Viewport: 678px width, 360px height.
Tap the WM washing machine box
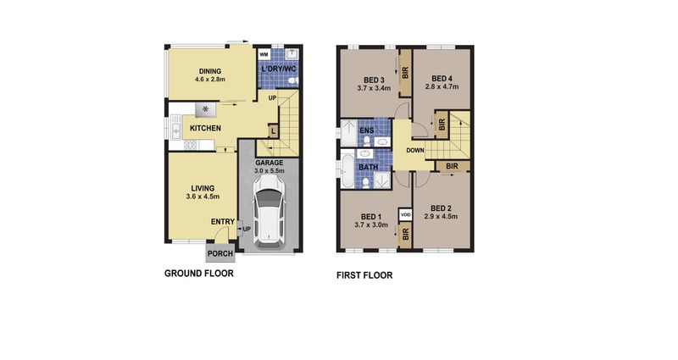(x=264, y=55)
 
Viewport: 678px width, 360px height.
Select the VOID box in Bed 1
(x=406, y=214)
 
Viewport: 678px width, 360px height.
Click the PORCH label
(x=220, y=253)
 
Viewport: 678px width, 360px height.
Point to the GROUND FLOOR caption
(x=199, y=273)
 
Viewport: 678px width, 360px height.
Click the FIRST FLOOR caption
(x=364, y=275)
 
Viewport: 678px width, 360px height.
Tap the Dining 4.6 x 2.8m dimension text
(x=210, y=80)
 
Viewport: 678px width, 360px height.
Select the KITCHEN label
(x=205, y=129)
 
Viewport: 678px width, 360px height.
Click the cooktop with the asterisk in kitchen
(x=206, y=110)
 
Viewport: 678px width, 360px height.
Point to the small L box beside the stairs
(x=273, y=131)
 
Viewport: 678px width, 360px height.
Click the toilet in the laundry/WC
(x=292, y=80)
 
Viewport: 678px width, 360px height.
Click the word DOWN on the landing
(x=415, y=151)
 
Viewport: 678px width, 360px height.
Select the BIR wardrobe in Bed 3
(x=405, y=73)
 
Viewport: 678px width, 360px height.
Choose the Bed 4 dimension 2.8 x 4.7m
(x=442, y=86)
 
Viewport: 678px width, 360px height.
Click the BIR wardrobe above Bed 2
(x=452, y=166)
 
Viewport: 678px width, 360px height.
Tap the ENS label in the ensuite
(x=367, y=130)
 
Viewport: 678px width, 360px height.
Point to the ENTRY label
(x=223, y=222)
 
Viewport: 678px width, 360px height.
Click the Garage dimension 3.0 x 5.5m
(x=269, y=171)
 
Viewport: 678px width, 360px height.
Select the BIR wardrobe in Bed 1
(x=405, y=235)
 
